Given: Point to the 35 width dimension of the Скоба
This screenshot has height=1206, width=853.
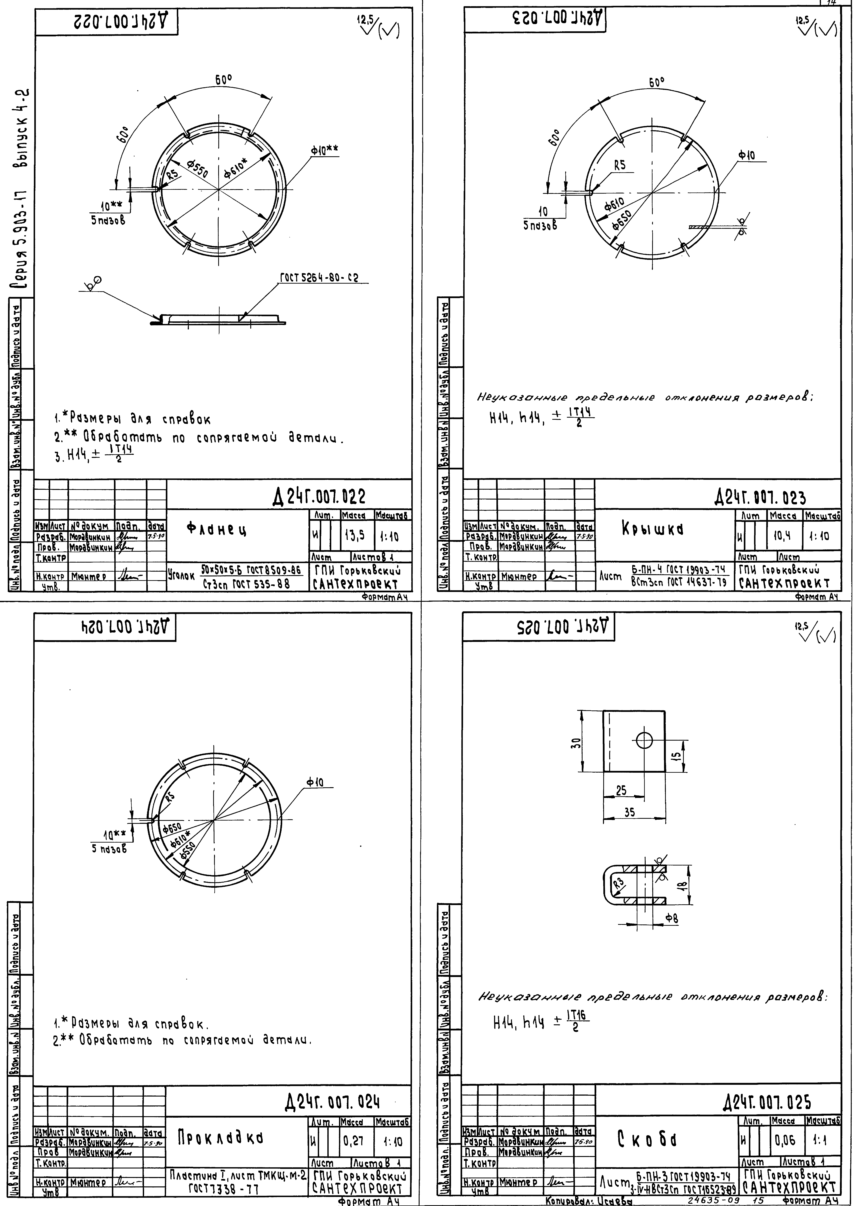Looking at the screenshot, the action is click(x=629, y=812).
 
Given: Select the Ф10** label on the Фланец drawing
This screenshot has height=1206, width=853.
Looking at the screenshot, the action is click(x=324, y=151).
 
